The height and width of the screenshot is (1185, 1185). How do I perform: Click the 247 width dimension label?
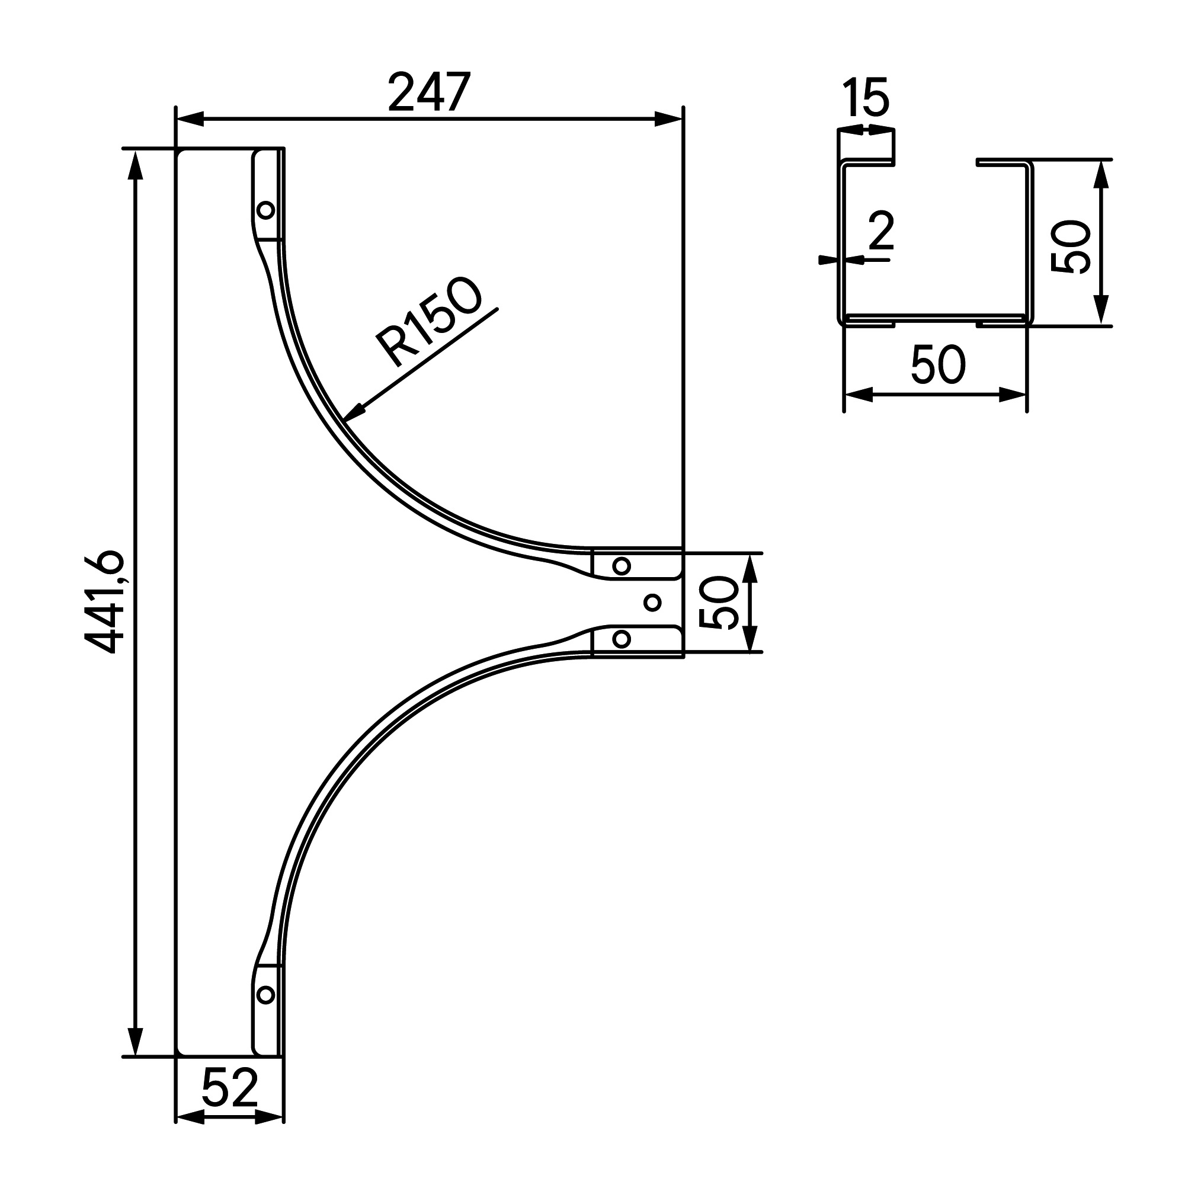(430, 93)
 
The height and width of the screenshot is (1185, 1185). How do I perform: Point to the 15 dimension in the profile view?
(866, 98)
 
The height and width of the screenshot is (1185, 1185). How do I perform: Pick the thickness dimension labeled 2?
(882, 232)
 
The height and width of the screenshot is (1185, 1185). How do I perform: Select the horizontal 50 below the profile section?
(938, 365)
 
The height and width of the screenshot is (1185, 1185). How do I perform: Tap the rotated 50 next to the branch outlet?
(719, 603)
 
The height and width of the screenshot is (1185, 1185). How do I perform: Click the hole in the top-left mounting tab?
(265, 210)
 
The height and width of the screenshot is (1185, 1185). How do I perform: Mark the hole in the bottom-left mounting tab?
(265, 994)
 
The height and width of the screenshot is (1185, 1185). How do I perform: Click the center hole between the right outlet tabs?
(653, 603)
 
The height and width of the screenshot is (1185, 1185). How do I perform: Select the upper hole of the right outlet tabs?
(622, 565)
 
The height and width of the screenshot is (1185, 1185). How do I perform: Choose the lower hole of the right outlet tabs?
(622, 639)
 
